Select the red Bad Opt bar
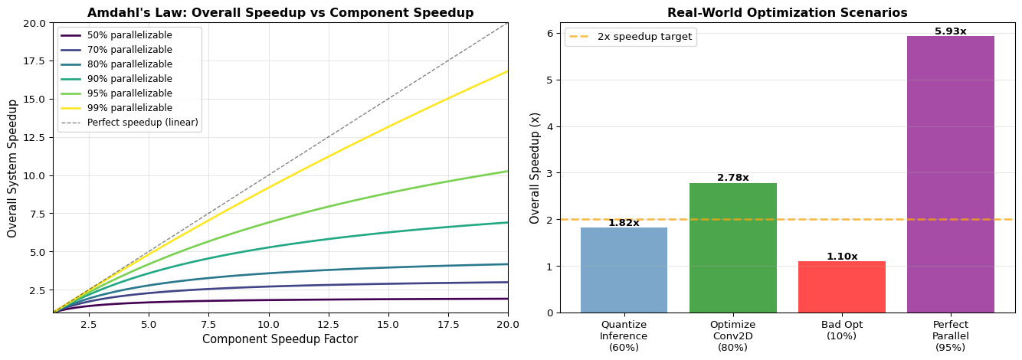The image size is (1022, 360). coord(841,286)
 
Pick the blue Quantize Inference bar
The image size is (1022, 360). coord(624,270)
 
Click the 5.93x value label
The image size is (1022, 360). coord(950,31)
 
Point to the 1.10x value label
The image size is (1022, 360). coord(841,257)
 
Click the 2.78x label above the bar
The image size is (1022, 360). coord(732,178)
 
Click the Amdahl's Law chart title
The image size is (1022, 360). coord(280,13)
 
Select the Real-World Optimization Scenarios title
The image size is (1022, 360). coord(787,13)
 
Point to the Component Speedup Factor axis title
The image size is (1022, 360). coord(280,339)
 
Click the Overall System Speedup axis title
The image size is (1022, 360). coord(12,168)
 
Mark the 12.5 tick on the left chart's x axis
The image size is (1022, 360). coord(328,324)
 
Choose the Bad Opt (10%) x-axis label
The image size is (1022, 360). coord(841,331)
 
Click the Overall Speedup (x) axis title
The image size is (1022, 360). coord(535,168)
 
